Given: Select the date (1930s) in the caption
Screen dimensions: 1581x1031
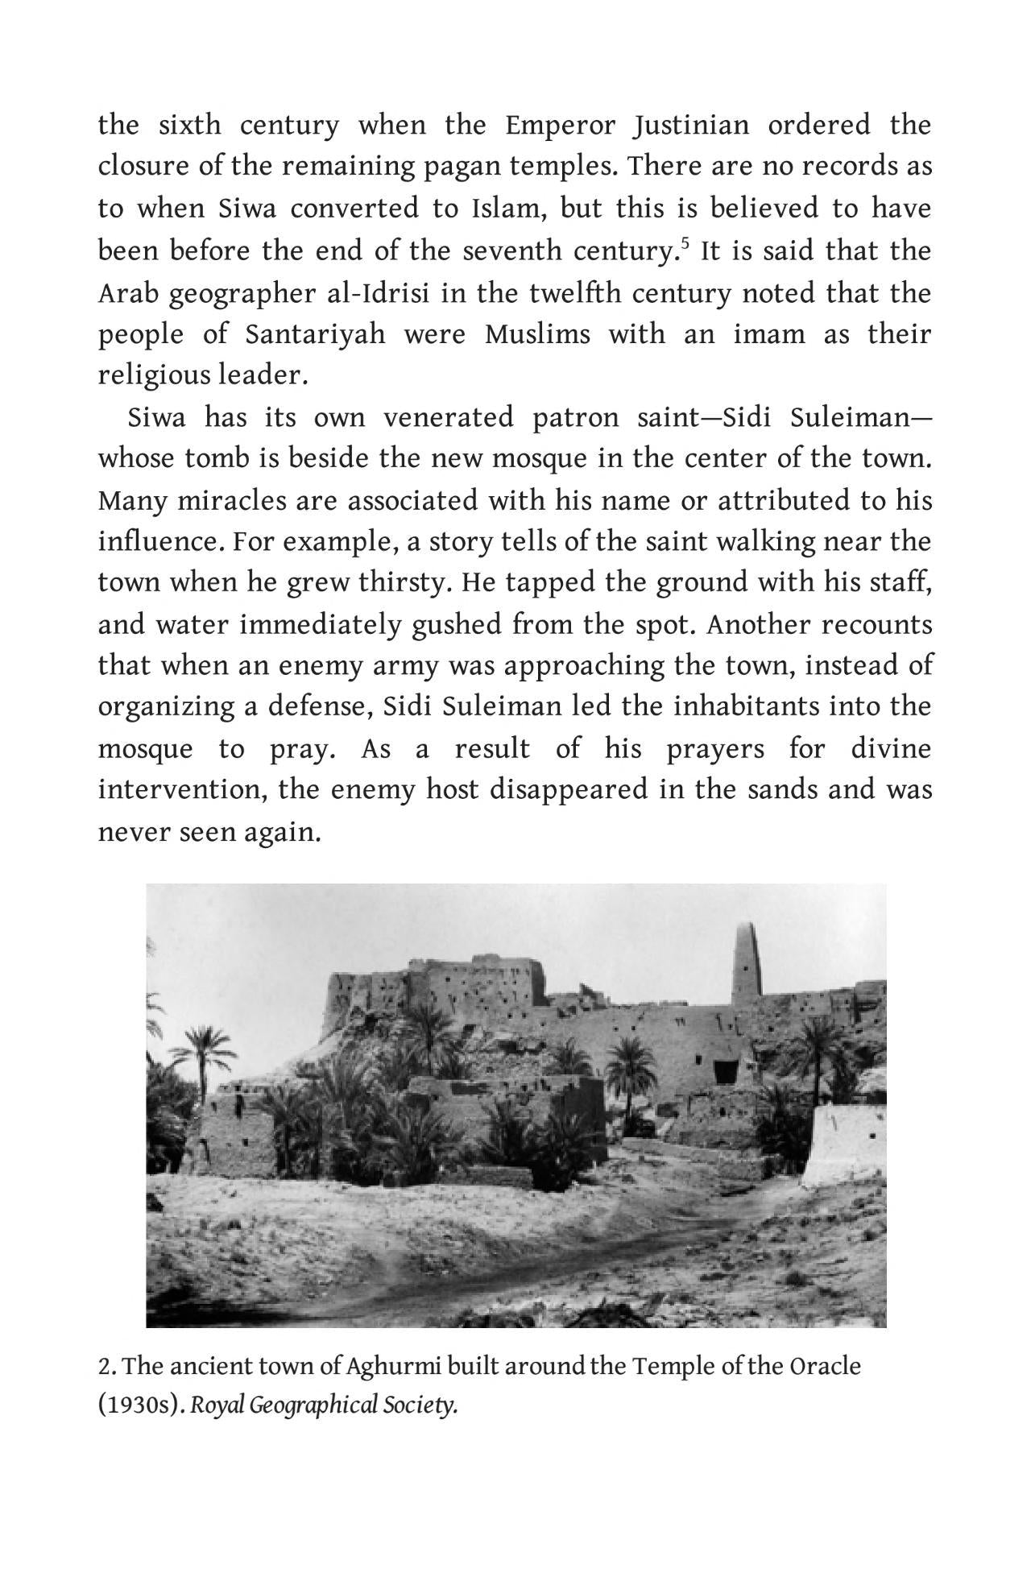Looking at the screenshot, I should tap(141, 1406).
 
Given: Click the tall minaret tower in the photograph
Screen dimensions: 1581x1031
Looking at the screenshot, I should tap(747, 962).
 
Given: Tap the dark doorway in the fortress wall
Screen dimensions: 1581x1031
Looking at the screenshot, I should tap(725, 1072).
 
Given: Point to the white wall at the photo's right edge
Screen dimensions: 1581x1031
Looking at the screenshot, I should tap(850, 1135).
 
